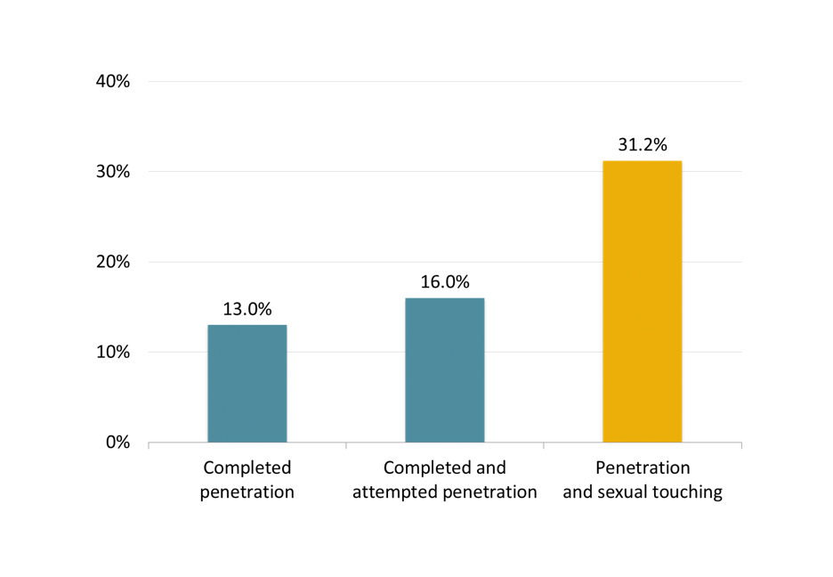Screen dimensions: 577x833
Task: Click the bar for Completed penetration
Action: click(247, 384)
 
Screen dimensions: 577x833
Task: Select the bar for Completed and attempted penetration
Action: click(445, 370)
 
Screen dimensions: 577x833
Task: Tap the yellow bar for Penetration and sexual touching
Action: click(643, 302)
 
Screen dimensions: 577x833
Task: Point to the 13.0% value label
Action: click(247, 310)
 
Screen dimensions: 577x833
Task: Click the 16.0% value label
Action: click(445, 282)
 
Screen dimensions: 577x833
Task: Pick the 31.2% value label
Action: click(643, 145)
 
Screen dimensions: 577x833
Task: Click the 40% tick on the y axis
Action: click(112, 82)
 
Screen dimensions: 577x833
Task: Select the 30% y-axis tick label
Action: click(112, 172)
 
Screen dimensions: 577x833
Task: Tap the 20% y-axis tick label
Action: click(112, 263)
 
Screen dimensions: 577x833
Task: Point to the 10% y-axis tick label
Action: click(112, 353)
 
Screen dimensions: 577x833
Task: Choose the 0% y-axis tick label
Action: click(117, 443)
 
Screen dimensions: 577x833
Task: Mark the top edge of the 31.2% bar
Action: click(643, 161)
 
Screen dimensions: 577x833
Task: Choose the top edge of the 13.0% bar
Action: click(247, 325)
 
